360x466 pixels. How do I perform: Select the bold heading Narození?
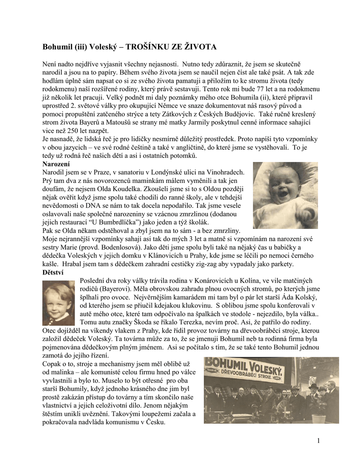(x=56, y=164)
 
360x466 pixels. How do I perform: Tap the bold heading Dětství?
(x=53, y=272)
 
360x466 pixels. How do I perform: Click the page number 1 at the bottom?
(x=319, y=440)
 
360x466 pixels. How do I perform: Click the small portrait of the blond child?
(x=58, y=303)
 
